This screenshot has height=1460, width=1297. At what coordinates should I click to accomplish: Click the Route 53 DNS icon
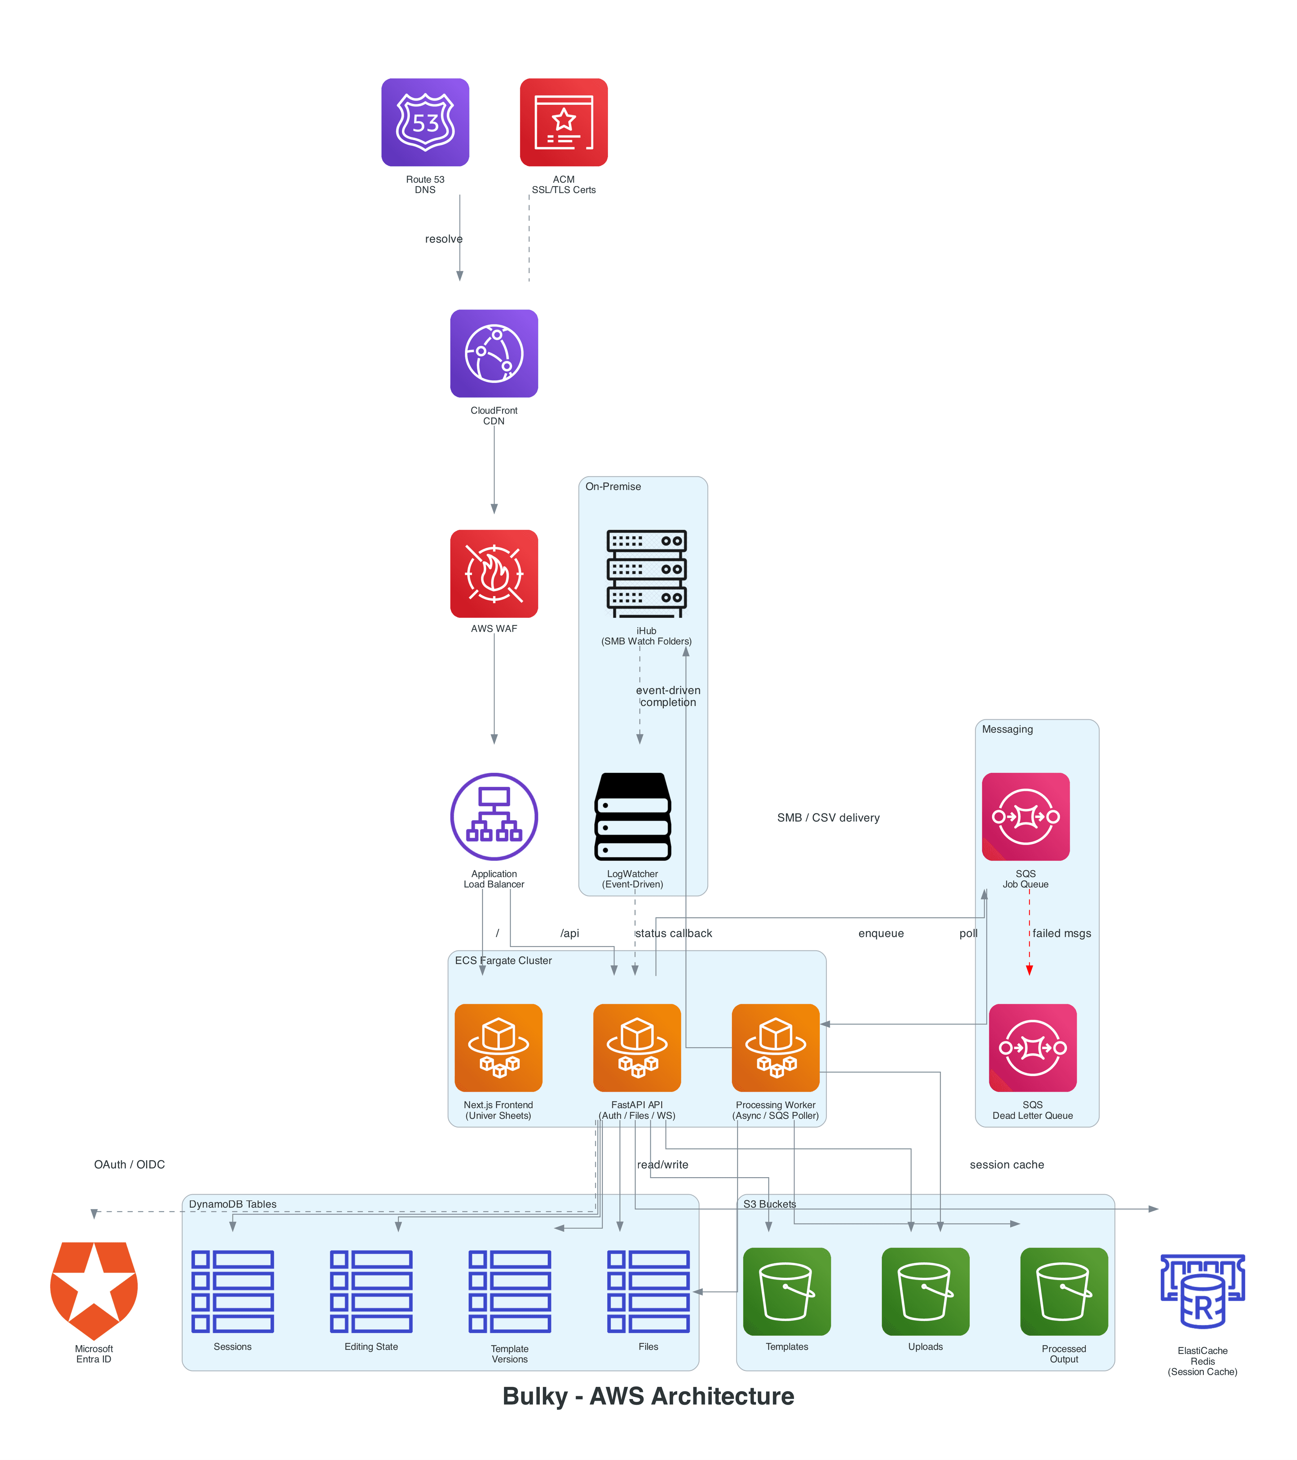coord(425,122)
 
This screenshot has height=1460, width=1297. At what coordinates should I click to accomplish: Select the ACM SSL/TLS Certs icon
coord(563,122)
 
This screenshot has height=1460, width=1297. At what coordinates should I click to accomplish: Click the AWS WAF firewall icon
coord(493,574)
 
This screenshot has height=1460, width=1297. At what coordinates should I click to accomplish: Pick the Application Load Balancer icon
coord(493,816)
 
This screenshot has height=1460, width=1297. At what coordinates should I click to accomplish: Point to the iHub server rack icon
coord(646,574)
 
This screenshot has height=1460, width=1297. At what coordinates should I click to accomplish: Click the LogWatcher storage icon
coord(633,816)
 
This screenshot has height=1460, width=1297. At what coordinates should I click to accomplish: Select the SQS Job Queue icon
coord(1025,816)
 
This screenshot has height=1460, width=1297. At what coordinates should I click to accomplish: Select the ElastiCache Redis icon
coord(1203,1291)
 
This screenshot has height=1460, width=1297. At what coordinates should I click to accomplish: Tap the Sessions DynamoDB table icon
coord(233,1291)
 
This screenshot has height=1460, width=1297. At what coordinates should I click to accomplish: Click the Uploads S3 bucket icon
coord(925,1291)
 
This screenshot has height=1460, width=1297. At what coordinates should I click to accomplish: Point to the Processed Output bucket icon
coord(1064,1291)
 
